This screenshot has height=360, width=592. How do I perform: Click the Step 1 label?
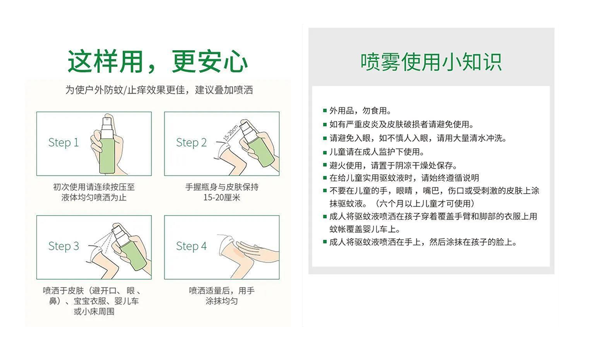tap(63, 142)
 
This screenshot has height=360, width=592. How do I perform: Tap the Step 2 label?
tap(191, 142)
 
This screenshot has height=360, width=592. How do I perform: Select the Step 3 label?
tap(63, 246)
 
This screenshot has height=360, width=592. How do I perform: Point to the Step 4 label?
tap(191, 246)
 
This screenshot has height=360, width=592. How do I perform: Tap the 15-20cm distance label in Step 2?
tap(231, 132)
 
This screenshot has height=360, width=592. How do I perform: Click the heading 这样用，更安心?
tap(157, 61)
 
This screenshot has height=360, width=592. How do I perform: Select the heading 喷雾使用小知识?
tap(431, 62)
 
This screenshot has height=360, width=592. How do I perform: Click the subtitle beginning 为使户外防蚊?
tap(159, 90)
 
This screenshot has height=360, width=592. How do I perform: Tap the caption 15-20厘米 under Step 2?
tap(222, 197)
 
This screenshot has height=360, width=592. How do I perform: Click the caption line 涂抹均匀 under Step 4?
tap(222, 301)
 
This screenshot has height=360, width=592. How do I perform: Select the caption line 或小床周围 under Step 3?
tap(94, 312)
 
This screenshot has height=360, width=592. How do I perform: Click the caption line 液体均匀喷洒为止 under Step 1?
tap(94, 197)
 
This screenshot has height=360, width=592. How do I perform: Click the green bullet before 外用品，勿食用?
tap(325, 111)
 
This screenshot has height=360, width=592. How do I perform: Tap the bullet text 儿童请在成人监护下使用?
tap(377, 152)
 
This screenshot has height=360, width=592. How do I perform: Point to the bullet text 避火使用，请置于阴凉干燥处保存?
tap(393, 166)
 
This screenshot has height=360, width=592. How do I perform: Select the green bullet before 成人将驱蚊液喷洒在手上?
tap(325, 242)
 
